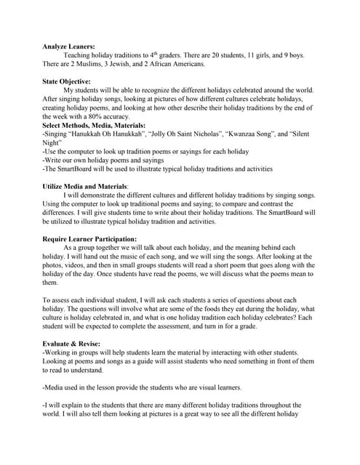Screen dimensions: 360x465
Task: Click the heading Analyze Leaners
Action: tap(68, 45)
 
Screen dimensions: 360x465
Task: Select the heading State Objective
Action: tap(66, 81)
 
